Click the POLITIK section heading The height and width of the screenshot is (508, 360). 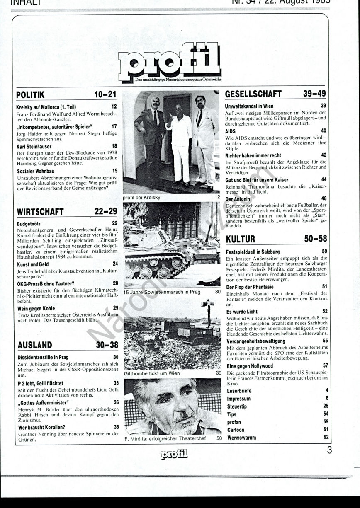(30, 95)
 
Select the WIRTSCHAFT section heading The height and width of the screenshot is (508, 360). (40, 212)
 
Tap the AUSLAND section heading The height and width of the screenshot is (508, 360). (35, 345)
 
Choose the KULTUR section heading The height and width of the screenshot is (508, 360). (241, 239)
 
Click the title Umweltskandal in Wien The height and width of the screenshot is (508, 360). (249, 106)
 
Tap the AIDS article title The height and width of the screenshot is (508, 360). (231, 131)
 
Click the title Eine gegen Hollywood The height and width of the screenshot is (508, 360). (250, 366)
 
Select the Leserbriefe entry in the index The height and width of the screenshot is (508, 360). (239, 391)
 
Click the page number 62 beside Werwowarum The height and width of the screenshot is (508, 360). (326, 438)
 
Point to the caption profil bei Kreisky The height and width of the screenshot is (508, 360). (141, 198)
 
